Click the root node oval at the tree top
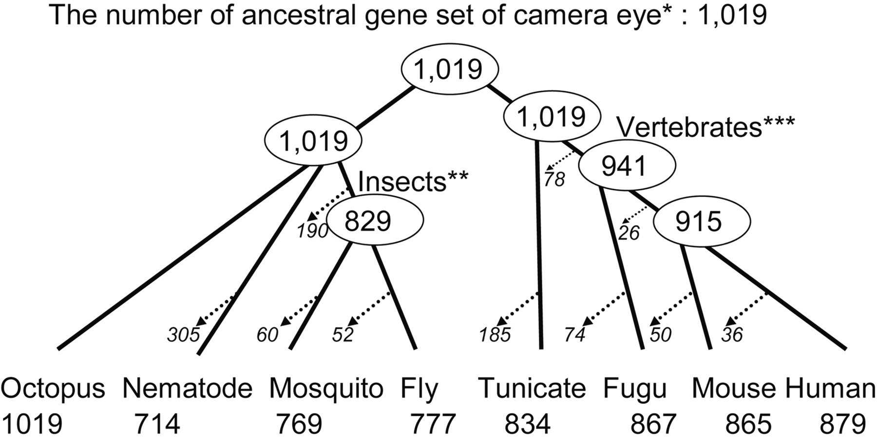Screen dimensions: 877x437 pos(449,69)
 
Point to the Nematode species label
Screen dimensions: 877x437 pos(188,389)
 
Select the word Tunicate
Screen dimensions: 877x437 pos(532,389)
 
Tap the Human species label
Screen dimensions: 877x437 pos(830,389)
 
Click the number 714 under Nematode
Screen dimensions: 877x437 pos(157,423)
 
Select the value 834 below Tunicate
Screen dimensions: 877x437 pos(527,423)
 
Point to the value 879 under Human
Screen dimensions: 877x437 pos(843,423)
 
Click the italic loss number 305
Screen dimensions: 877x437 pos(183,335)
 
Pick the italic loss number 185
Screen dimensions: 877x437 pos(495,335)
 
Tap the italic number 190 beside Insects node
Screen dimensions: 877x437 pos(313,231)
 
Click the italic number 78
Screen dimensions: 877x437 pos(554,180)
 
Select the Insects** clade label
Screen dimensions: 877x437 pos(413,181)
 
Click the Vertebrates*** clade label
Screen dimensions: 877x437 pos(706,128)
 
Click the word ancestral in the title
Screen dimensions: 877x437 pos(308,15)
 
